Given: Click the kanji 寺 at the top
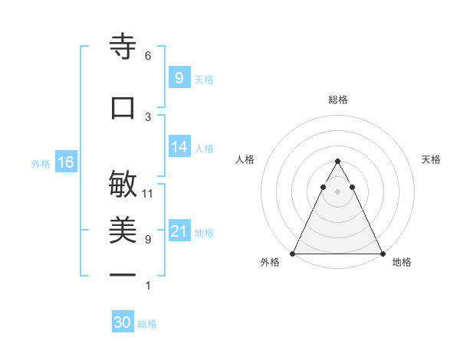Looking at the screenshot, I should [123, 47].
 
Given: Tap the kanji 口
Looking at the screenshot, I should [123, 108].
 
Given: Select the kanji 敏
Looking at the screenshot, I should [123, 184].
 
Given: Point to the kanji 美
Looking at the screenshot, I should [123, 231].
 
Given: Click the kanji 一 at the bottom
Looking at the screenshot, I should [123, 274].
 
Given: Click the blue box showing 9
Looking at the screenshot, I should [179, 77].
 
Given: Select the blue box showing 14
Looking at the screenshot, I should [179, 147].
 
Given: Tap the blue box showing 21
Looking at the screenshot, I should [179, 231].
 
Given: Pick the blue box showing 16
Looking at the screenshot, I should [65, 162].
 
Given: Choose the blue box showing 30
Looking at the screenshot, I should [123, 322].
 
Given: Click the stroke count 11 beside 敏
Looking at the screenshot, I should [148, 193].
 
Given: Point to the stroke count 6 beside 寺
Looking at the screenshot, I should [148, 56].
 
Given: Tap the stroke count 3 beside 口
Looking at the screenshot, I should [148, 116].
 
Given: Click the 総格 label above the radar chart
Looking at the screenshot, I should [338, 100].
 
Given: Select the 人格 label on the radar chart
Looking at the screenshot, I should [245, 159].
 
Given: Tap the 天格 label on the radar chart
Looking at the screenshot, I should [431, 159].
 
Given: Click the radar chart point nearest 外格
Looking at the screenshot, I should [293, 254].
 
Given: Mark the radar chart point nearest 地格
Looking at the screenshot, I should [383, 254].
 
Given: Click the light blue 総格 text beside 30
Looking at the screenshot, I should [147, 324].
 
